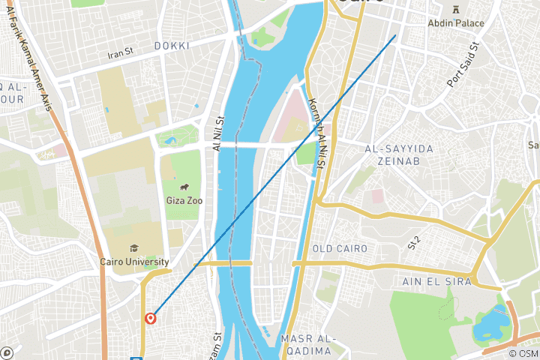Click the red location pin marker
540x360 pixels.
click(151, 318)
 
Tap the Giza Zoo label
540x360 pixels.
click(183, 200)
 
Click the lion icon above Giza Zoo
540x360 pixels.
click(184, 187)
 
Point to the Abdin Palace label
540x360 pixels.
click(456, 23)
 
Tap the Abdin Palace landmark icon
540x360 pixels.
click(456, 9)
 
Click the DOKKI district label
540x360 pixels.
click(172, 46)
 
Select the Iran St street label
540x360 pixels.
click(120, 53)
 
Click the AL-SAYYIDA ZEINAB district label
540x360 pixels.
click(399, 156)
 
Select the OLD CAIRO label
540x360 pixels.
click(340, 248)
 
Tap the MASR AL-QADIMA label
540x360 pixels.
click(306, 345)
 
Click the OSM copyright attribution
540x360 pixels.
click(523, 353)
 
